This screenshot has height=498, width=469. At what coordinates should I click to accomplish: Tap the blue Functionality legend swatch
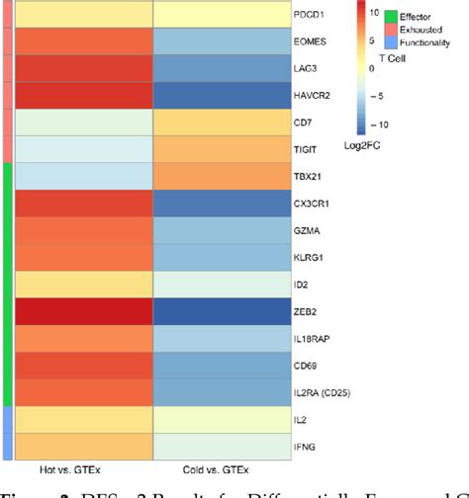coord(391,44)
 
